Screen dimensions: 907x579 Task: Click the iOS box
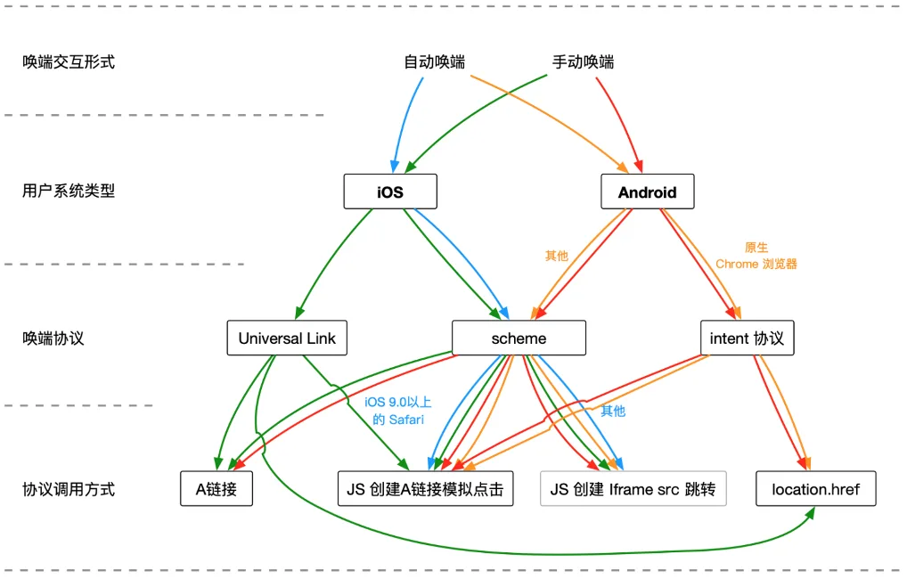point(390,192)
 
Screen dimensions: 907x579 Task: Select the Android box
point(647,192)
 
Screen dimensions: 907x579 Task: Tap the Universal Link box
point(287,338)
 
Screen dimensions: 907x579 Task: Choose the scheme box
point(519,338)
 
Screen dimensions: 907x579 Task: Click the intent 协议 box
point(747,338)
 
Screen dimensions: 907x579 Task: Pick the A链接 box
point(217,489)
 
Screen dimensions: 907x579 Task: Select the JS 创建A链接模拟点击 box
point(425,489)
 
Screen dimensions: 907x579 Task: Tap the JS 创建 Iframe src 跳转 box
point(633,489)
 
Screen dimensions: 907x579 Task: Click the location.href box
point(815,489)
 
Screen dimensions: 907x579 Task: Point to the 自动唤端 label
point(435,61)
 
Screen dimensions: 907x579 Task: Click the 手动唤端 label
point(583,61)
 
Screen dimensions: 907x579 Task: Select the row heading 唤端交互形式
point(69,61)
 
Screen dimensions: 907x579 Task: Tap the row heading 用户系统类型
point(69,191)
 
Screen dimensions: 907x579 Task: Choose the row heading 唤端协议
point(53,338)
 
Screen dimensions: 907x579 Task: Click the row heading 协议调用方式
point(69,489)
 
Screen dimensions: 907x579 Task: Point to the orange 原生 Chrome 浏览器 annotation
point(756,256)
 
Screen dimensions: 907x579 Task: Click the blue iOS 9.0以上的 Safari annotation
point(398,411)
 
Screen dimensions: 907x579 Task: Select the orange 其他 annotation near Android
point(557,256)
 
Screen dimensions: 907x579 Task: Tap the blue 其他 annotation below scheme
point(613,411)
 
